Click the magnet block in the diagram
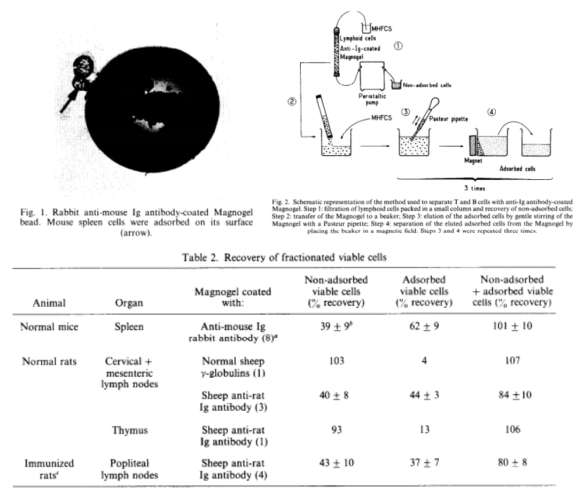[x=472, y=150]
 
